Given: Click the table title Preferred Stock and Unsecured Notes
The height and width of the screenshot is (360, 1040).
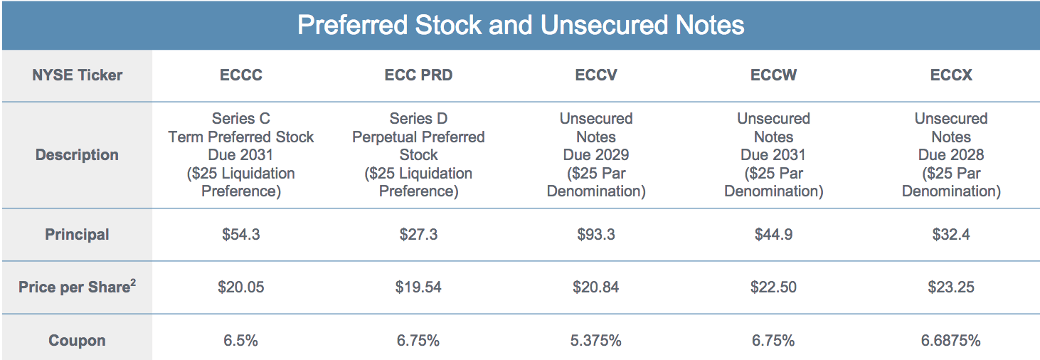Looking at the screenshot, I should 520,26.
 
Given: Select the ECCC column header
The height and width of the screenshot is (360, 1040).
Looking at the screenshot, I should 240,75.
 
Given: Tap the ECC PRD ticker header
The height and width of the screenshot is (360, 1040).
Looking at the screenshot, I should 418,75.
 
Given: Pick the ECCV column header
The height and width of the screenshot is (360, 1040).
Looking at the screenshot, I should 595,75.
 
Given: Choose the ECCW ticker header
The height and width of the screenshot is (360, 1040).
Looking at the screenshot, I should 773,75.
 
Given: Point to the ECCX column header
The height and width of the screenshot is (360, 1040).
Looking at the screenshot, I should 950,75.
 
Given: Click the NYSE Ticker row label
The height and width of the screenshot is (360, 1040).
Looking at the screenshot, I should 77,75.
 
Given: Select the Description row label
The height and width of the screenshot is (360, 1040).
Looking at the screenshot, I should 77,155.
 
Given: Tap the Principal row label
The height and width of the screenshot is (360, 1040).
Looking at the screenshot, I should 77,235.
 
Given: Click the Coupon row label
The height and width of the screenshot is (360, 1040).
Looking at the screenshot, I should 77,341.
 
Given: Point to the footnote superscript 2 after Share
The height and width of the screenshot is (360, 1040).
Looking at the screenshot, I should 133,282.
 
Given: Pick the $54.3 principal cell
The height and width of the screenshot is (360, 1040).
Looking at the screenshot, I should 240,235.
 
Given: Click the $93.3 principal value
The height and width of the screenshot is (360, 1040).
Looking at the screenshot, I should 595,235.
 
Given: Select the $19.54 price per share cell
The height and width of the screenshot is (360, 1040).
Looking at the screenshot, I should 418,287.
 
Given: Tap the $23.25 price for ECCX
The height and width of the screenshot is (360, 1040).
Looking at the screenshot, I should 950,287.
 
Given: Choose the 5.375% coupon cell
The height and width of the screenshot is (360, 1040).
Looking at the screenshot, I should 595,341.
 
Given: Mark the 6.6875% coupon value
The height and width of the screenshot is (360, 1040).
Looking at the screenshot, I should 950,341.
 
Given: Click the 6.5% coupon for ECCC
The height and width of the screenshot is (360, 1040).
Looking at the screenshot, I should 240,341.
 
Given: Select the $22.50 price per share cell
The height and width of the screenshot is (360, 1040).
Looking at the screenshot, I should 773,287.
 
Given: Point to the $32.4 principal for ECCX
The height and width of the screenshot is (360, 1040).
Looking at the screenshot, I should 950,235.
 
